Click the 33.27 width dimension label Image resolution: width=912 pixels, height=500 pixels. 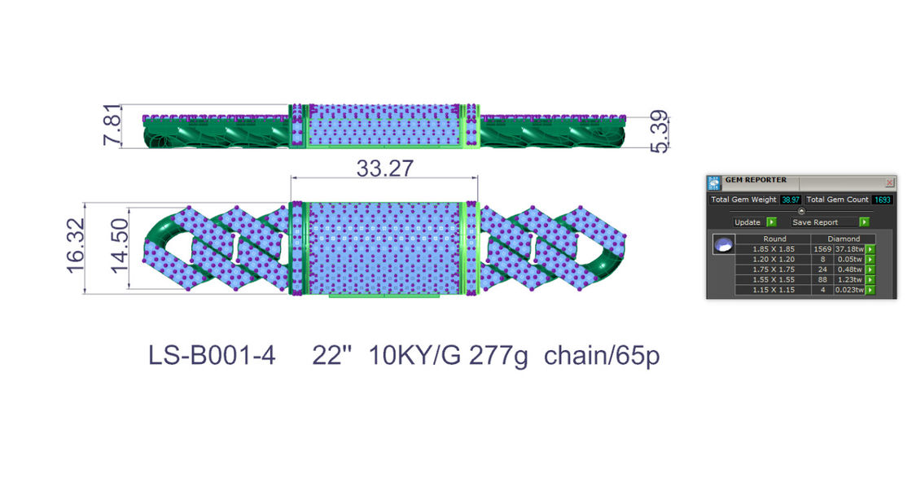tap(384, 169)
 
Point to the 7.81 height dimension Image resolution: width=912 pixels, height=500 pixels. tap(112, 125)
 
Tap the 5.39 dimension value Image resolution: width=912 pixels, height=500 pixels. tap(659, 132)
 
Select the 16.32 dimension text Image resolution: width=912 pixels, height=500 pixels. tap(76, 246)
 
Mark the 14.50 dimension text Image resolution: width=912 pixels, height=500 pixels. tap(119, 246)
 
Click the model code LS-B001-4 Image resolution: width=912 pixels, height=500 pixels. tap(212, 355)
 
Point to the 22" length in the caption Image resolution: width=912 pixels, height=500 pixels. tap(332, 355)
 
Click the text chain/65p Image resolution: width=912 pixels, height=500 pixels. tap(602, 355)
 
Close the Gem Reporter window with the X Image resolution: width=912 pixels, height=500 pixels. tap(889, 182)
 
